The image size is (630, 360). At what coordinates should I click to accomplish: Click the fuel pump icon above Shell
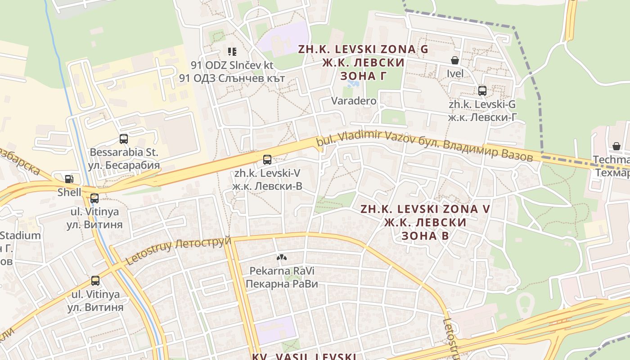click(x=69, y=179)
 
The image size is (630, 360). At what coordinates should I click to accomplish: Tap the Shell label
click(x=69, y=192)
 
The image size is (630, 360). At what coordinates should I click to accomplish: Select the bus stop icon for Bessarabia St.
click(x=124, y=139)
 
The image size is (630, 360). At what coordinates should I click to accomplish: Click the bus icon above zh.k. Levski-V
click(x=267, y=159)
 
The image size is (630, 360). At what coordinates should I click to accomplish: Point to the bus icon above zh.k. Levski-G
click(x=482, y=91)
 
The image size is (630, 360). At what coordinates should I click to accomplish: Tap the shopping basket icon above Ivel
click(x=455, y=60)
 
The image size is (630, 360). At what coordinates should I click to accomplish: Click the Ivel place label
click(x=455, y=73)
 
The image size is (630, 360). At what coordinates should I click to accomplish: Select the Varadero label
click(x=354, y=101)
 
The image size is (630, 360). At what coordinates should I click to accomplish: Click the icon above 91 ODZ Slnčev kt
click(x=232, y=52)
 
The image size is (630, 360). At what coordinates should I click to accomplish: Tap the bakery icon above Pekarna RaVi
click(x=282, y=257)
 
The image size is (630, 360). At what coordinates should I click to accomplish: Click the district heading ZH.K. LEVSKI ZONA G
click(x=363, y=49)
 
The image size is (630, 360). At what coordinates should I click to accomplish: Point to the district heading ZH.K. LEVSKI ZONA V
click(x=425, y=209)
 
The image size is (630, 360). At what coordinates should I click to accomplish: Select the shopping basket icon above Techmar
click(x=616, y=146)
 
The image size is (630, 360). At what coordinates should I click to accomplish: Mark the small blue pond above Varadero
click(x=351, y=84)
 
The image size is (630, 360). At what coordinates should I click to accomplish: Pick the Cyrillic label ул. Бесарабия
click(x=124, y=165)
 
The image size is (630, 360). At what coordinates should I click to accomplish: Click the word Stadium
click(x=20, y=235)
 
